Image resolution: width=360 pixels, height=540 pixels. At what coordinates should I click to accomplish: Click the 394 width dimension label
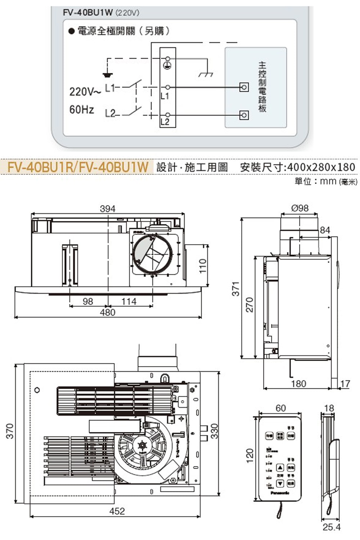pyautogui.click(x=108, y=208)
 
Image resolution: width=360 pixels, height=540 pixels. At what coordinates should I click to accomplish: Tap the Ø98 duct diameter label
pyautogui.click(x=300, y=208)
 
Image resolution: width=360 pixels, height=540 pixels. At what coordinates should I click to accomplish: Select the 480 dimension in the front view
pyautogui.click(x=108, y=312)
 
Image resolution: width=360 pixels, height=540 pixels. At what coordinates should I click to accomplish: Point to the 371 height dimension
pyautogui.click(x=236, y=288)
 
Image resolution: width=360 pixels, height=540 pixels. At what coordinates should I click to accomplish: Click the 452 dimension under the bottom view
pyautogui.click(x=117, y=511)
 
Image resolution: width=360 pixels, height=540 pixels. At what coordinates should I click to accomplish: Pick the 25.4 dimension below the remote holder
pyautogui.click(x=331, y=527)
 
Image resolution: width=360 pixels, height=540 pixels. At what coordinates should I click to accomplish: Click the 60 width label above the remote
pyautogui.click(x=280, y=408)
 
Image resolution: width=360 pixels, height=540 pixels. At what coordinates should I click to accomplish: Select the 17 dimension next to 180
pyautogui.click(x=345, y=384)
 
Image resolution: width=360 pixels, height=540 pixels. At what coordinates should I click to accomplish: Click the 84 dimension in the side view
pyautogui.click(x=325, y=230)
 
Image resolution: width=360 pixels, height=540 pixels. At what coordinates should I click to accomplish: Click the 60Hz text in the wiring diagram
pyautogui.click(x=82, y=109)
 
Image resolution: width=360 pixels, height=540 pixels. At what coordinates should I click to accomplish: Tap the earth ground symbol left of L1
pyautogui.click(x=107, y=75)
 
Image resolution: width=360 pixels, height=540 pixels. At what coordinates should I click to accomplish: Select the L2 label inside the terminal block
pyautogui.click(x=165, y=121)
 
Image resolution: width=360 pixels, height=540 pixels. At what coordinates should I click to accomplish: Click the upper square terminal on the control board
pyautogui.click(x=244, y=87)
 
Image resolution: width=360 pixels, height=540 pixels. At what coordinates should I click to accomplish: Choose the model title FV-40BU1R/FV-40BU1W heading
pyautogui.click(x=78, y=167)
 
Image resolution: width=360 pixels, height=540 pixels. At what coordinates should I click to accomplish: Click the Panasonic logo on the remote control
pyautogui.click(x=280, y=493)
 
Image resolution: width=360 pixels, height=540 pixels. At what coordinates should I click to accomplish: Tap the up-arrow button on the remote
pyautogui.click(x=280, y=468)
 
